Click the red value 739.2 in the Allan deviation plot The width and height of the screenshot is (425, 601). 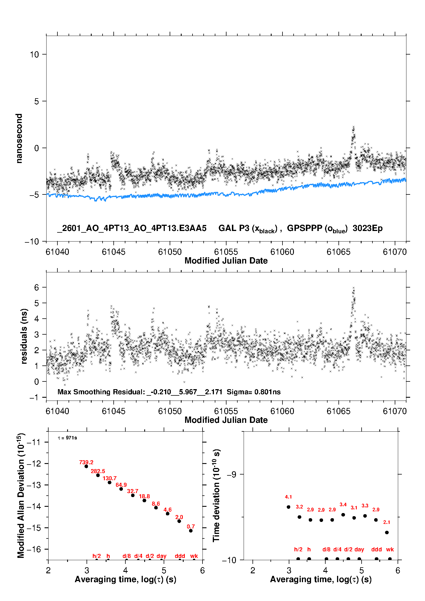click(x=86, y=462)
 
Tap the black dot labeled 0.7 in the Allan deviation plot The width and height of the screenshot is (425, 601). click(x=191, y=531)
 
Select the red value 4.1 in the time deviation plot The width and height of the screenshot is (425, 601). click(x=288, y=497)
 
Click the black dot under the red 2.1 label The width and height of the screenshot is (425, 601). click(x=387, y=532)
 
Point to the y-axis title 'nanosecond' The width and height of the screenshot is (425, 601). click(x=19, y=138)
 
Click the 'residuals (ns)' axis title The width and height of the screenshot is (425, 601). click(x=24, y=336)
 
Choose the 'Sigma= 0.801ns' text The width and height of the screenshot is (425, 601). click(x=254, y=392)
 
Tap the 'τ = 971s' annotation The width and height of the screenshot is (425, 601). click(x=67, y=438)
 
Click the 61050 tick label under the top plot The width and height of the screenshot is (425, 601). click(x=170, y=252)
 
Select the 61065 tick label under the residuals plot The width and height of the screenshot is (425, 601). click(x=338, y=411)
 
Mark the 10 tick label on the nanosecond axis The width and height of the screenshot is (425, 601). click(x=35, y=54)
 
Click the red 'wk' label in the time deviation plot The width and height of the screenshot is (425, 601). click(x=390, y=549)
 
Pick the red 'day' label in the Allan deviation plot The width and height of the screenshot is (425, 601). click(x=161, y=556)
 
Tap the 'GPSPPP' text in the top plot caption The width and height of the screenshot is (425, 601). click(x=304, y=228)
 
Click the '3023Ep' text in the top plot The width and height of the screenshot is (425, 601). click(x=368, y=228)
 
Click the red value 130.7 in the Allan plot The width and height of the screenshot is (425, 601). click(x=110, y=478)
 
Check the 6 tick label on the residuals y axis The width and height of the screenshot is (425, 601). click(x=37, y=288)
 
